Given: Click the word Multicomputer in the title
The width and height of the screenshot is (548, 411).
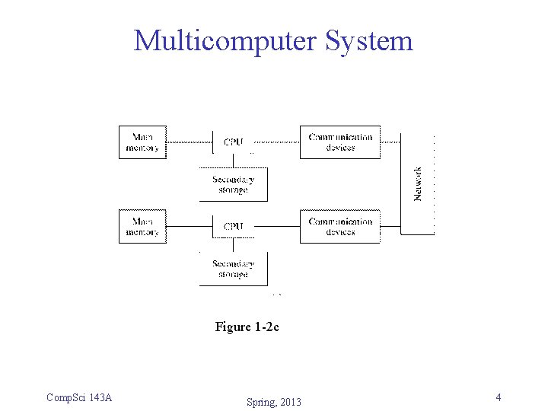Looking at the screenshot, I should tap(225, 40).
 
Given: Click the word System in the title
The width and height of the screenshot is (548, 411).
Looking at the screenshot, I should tap(369, 40).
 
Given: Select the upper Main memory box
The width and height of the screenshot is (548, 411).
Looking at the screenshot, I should tap(142, 142).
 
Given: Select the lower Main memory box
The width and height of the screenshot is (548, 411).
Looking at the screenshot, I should tap(142, 227).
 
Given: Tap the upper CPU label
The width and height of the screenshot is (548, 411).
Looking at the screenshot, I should tap(234, 142).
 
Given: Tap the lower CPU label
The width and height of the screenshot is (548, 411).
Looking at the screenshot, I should tap(234, 227).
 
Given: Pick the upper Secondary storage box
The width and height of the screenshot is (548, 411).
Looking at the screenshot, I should tap(233, 184).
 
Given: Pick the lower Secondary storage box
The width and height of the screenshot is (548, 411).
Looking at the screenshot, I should tap(233, 269).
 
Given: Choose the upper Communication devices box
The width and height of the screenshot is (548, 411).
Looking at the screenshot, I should tap(339, 142).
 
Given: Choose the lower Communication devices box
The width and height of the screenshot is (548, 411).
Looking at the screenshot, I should tap(339, 227).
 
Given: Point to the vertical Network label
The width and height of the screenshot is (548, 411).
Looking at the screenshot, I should tap(418, 184).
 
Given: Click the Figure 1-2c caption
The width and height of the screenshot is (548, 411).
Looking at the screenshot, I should tap(247, 327).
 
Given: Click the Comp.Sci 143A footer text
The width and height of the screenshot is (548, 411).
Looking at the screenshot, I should tap(79, 397).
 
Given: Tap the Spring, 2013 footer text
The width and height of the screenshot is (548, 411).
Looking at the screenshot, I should tap(273, 402).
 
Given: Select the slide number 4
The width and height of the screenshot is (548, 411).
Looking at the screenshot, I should tap(498, 397).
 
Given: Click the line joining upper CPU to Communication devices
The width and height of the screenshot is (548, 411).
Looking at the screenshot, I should tap(276, 142).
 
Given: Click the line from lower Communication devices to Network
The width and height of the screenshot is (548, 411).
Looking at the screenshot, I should tap(390, 226).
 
